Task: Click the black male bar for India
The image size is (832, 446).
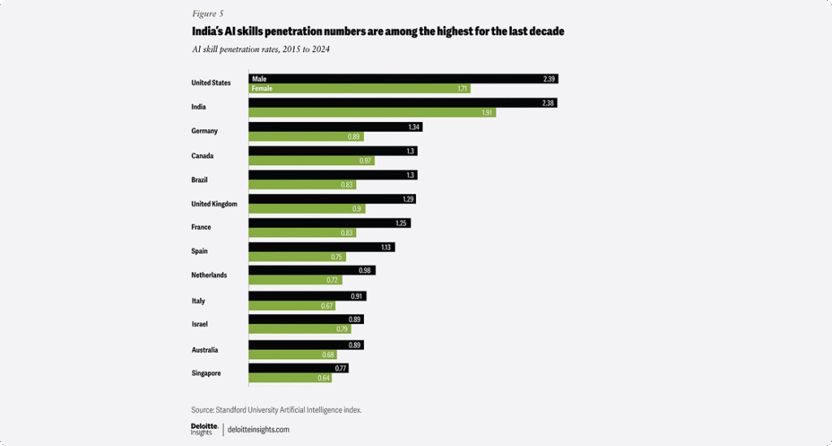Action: (x=402, y=102)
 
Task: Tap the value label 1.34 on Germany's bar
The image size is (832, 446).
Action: (x=414, y=127)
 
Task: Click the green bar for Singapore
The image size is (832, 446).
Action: (x=289, y=378)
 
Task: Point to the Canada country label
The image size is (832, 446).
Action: (x=203, y=155)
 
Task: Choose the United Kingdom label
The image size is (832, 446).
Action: (x=214, y=204)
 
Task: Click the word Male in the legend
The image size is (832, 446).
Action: (x=260, y=79)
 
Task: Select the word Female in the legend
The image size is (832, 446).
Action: (x=262, y=89)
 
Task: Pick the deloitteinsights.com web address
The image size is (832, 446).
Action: (x=258, y=429)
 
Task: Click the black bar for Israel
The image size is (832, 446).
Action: (x=305, y=319)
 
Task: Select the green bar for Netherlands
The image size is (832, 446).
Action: (x=296, y=280)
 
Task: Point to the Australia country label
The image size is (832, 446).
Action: (x=206, y=350)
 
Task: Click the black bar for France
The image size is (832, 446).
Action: (x=329, y=223)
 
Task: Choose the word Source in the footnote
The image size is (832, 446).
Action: (x=202, y=410)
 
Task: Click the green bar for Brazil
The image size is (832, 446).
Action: (x=301, y=184)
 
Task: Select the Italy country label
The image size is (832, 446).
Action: (x=199, y=301)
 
